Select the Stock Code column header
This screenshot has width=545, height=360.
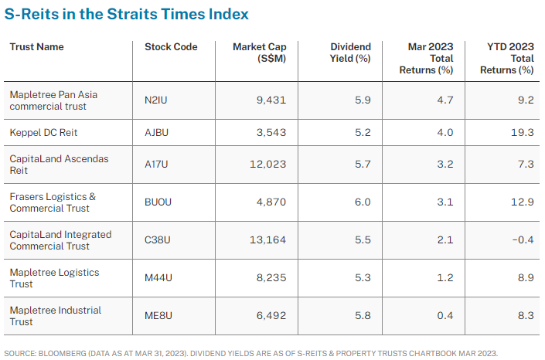tap(171, 47)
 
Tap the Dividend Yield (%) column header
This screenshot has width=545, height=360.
tap(351, 53)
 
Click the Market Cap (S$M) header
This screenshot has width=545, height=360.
tap(261, 53)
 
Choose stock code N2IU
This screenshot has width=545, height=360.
tap(158, 100)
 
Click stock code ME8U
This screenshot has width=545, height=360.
tap(158, 316)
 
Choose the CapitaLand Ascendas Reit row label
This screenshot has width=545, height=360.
tap(60, 165)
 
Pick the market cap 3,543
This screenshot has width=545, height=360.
tap(271, 132)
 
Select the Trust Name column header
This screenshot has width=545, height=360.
tap(36, 47)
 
